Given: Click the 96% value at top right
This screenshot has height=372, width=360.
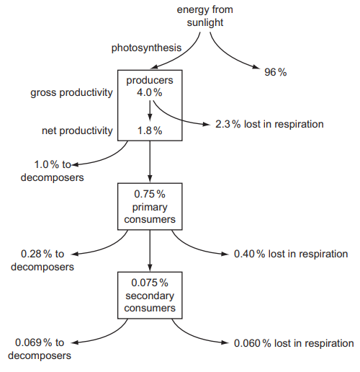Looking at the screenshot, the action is pyautogui.click(x=276, y=72).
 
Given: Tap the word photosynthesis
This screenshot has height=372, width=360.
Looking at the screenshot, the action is pyautogui.click(x=146, y=48).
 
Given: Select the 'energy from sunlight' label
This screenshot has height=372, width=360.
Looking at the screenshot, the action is pyautogui.click(x=205, y=16).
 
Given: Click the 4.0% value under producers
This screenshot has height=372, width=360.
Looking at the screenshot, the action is pyautogui.click(x=150, y=92).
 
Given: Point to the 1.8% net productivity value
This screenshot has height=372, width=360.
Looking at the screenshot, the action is pyautogui.click(x=150, y=130).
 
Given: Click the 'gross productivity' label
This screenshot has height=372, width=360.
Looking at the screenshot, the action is pyautogui.click(x=71, y=93).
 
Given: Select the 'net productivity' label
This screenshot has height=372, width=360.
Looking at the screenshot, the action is pyautogui.click(x=77, y=131).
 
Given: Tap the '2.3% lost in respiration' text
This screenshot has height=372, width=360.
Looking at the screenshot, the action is pyautogui.click(x=269, y=124).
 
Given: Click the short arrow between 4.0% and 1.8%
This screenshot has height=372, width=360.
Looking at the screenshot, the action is pyautogui.click(x=150, y=111).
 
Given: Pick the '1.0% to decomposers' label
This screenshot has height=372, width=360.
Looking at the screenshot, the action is pyautogui.click(x=53, y=171).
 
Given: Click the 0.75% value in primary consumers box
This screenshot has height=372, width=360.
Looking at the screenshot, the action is pyautogui.click(x=150, y=194).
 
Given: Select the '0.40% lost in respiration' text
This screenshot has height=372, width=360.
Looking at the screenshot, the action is pyautogui.click(x=291, y=254).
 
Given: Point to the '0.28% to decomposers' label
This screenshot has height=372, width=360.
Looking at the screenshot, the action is pyautogui.click(x=42, y=260).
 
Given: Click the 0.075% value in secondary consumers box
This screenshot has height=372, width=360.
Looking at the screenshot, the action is pyautogui.click(x=150, y=283).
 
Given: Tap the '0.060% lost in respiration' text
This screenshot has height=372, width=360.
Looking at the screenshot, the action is pyautogui.click(x=294, y=343).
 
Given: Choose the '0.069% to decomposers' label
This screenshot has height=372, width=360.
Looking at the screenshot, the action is pyautogui.click(x=40, y=349).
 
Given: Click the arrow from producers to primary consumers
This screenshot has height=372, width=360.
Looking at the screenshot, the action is pyautogui.click(x=150, y=161).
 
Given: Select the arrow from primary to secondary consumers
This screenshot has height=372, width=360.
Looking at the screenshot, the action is pyautogui.click(x=150, y=251).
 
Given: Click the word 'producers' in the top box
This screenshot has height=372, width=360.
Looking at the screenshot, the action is pyautogui.click(x=150, y=81).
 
